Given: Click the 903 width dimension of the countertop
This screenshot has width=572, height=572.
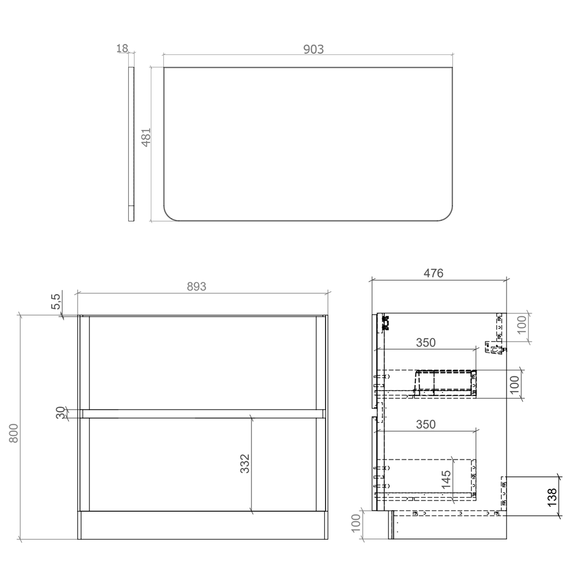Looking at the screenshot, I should pyautogui.click(x=313, y=49).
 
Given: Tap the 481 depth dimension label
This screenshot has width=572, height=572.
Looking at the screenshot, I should pyautogui.click(x=146, y=137).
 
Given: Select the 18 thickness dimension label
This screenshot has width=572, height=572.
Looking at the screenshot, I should pyautogui.click(x=122, y=48).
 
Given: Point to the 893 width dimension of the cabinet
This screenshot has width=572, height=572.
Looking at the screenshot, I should pyautogui.click(x=196, y=286).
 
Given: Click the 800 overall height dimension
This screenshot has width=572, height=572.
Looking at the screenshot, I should pyautogui.click(x=14, y=433).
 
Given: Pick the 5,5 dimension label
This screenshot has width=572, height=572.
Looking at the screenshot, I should pyautogui.click(x=56, y=301).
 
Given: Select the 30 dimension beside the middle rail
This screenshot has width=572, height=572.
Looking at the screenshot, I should pyautogui.click(x=61, y=413).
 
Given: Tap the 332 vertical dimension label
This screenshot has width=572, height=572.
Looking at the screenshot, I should pyautogui.click(x=245, y=463).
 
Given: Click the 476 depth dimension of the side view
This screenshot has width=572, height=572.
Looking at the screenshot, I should pyautogui.click(x=434, y=273).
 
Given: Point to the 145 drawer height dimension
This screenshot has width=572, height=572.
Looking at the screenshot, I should pyautogui.click(x=446, y=479).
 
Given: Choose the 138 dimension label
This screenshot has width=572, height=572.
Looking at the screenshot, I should pyautogui.click(x=552, y=498).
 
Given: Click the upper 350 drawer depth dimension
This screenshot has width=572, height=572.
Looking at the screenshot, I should pyautogui.click(x=426, y=342).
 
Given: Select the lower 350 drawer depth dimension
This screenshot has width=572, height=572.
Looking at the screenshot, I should pyautogui.click(x=426, y=424).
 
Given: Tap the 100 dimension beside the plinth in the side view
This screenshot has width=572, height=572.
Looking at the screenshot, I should pyautogui.click(x=355, y=523).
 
